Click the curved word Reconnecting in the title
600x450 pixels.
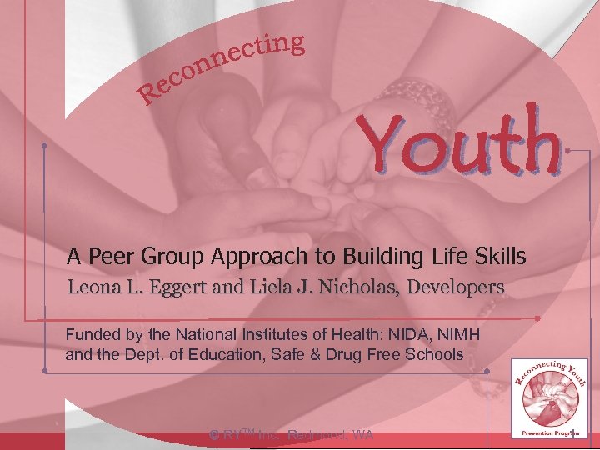[221, 67]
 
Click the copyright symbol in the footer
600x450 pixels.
[214, 434]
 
